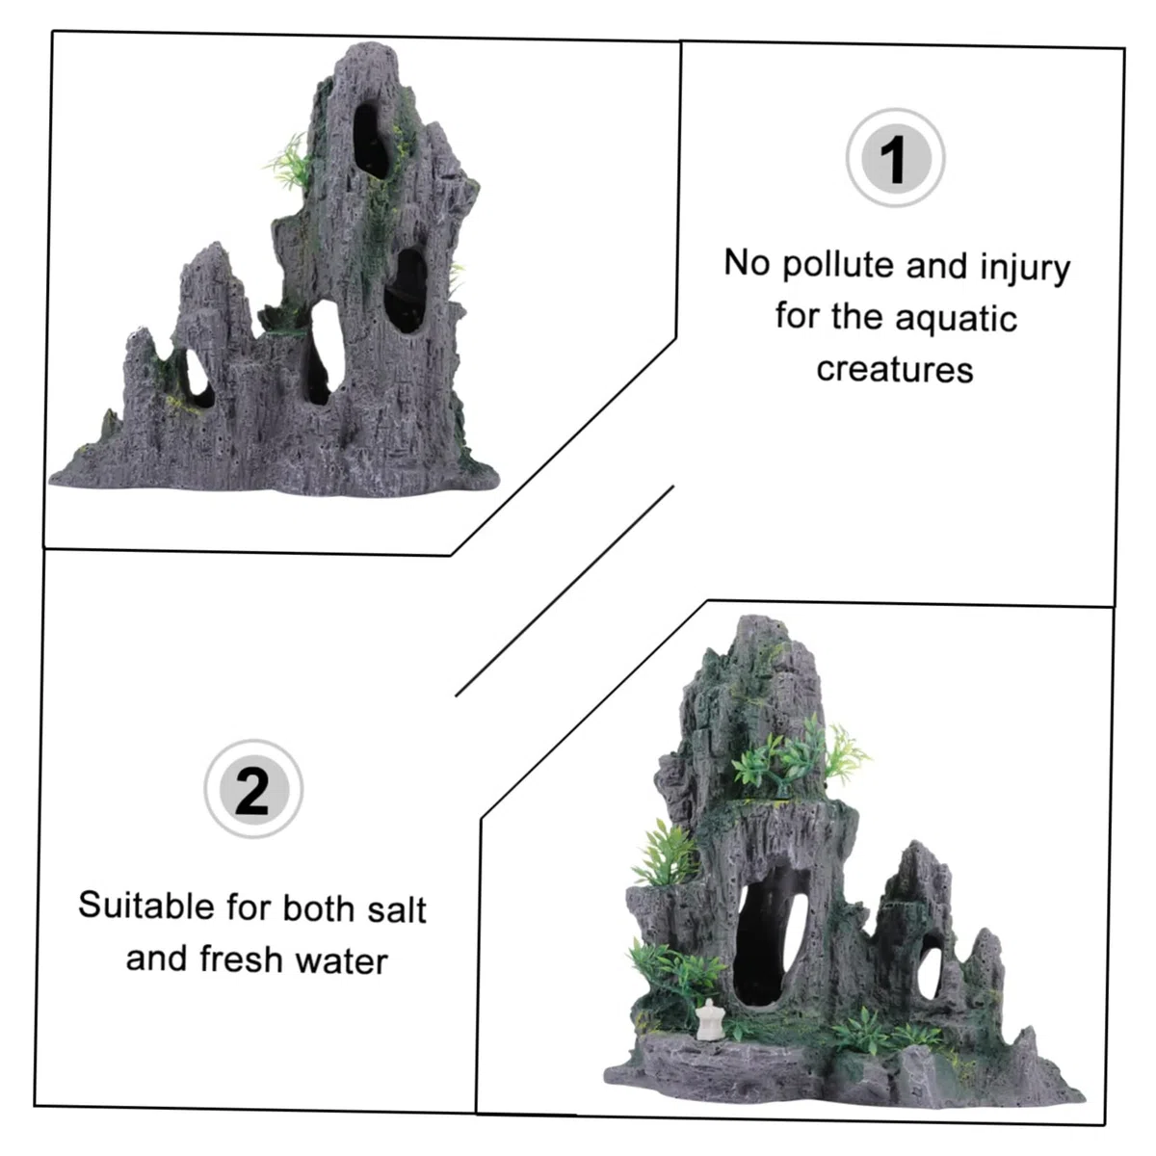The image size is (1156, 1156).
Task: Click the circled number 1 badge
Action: coord(896,158)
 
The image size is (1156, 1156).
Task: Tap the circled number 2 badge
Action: coord(253,789)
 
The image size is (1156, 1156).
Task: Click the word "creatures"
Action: coord(894,369)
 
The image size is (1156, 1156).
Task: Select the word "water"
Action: coord(341,961)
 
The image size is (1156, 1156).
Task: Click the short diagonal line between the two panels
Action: coord(565,591)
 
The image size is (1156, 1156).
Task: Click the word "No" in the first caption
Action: coord(747,262)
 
